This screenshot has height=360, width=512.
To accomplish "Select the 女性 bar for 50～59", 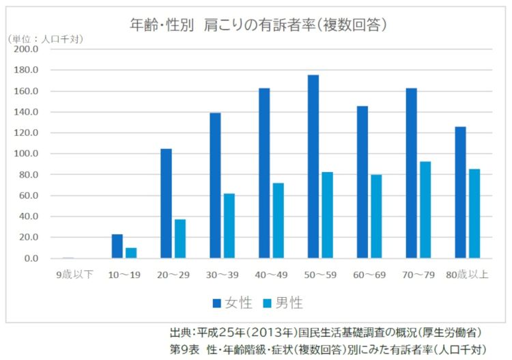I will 313,167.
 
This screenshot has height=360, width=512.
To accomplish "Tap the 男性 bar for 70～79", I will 425,210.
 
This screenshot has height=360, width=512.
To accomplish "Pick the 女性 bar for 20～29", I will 166,204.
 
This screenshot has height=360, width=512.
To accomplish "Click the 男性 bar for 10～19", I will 131,253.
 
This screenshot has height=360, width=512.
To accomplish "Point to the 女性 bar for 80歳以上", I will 461,193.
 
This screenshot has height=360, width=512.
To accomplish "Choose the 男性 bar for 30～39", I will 229,225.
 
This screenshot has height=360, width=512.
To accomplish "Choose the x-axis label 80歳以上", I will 467,275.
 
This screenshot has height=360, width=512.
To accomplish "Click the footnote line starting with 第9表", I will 328,349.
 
